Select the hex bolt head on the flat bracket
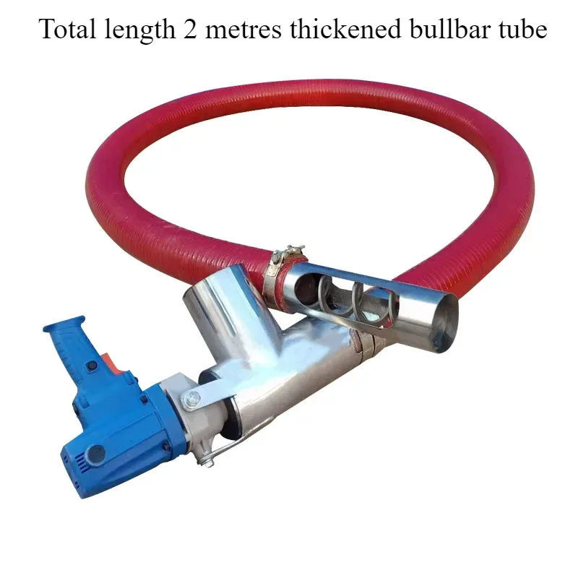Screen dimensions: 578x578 point(191,397)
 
